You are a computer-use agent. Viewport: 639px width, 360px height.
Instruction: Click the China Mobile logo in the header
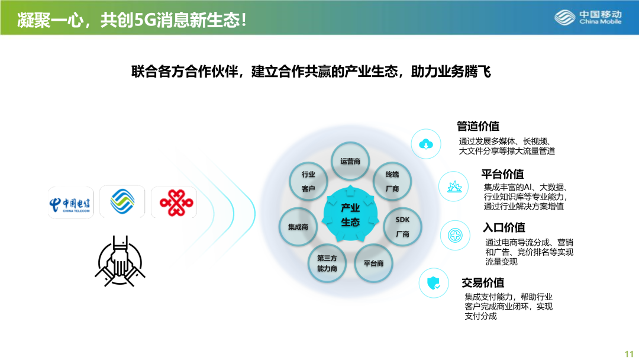coord(588,18)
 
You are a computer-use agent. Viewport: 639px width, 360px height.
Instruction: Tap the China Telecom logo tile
coord(71,202)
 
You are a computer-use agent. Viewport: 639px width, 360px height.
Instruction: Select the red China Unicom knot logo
coord(176,202)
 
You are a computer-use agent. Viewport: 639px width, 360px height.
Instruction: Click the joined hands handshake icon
coord(120,261)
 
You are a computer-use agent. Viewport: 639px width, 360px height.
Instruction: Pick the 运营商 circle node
coord(350,161)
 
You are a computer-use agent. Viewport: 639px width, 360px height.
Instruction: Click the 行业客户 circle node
coord(308,181)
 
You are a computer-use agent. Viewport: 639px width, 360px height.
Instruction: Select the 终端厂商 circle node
coord(392,181)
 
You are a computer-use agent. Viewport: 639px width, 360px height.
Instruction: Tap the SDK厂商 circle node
coord(403,227)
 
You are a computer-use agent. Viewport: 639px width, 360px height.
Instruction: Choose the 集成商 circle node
coord(298,227)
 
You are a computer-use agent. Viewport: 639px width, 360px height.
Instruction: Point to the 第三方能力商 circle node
coord(327,263)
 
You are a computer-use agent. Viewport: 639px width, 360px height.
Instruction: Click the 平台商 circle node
coord(374,263)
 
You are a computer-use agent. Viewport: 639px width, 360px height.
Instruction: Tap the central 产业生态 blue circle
coord(350,214)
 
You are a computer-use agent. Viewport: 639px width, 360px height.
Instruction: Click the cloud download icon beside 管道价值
coord(426,144)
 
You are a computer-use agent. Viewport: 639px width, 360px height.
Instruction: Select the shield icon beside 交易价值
coord(434,283)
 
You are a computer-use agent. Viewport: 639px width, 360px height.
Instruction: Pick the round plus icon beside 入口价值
coord(455,235)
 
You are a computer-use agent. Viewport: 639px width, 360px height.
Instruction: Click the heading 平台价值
coord(502,174)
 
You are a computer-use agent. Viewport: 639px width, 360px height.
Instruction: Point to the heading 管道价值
coord(478,126)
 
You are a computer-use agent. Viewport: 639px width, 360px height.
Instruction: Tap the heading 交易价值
coord(483,282)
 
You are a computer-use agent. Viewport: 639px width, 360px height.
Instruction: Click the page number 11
coord(629,354)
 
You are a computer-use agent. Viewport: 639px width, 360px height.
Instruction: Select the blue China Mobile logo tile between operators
coord(122,201)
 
